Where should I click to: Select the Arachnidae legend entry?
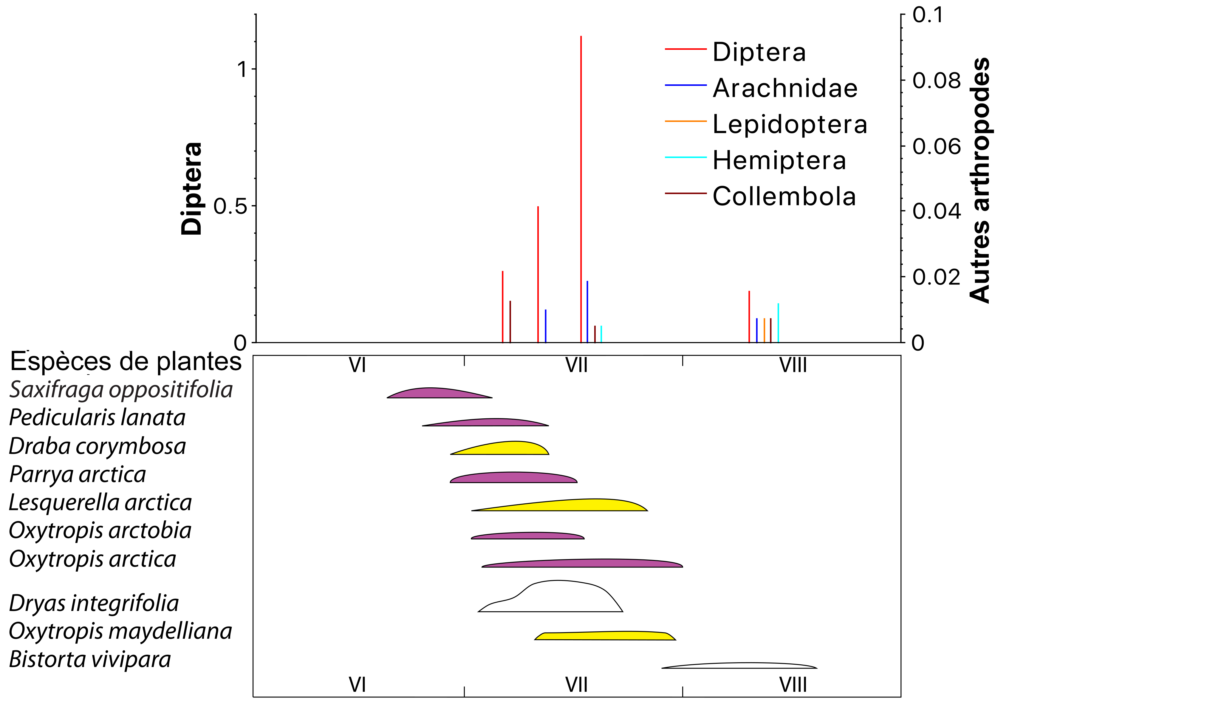(784, 88)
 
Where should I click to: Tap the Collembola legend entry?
(784, 197)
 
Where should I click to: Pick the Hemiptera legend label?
(779, 160)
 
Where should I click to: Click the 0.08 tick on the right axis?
(936, 81)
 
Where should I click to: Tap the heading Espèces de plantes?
(126, 362)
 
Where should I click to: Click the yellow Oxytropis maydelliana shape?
(606, 636)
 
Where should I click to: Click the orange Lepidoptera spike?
(764, 330)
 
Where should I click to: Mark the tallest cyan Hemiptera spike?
(778, 323)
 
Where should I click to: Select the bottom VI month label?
(357, 685)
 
